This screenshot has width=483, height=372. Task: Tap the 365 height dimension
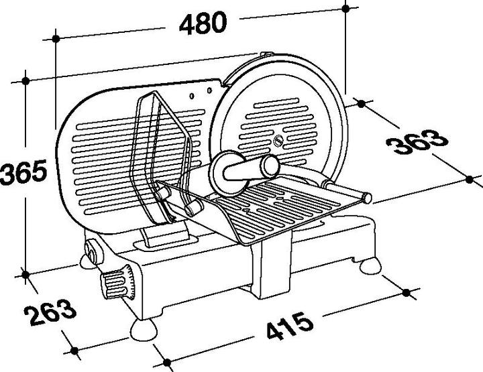pyautogui.click(x=23, y=173)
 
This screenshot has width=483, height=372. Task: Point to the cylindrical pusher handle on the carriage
pyautogui.click(x=245, y=170)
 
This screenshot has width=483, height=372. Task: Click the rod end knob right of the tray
pyautogui.click(x=366, y=196)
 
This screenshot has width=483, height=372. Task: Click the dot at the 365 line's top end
pyautogui.click(x=25, y=81)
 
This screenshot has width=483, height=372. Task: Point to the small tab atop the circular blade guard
pyautogui.click(x=266, y=54)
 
